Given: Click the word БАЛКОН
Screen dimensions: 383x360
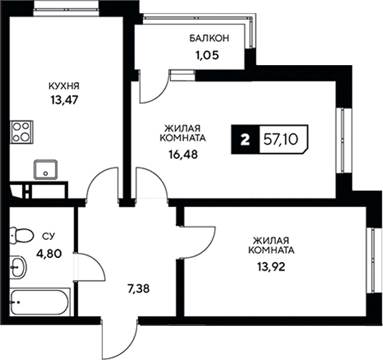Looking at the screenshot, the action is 210,38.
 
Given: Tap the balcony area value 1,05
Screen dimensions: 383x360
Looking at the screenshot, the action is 207,55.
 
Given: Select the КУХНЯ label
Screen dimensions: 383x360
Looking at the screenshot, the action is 64,86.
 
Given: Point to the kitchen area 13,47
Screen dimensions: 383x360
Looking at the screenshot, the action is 64,100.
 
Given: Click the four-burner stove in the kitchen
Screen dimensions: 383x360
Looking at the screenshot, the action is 21,132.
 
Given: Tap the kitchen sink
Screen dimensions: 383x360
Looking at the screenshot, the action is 46,170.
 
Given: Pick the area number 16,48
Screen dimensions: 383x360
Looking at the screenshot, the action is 182,154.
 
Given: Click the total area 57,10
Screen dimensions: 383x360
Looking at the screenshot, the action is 281,140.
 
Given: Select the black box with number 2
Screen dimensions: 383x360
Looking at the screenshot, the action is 246,139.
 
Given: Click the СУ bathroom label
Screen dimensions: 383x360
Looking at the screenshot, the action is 48,237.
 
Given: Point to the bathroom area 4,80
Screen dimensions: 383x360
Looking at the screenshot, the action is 49,254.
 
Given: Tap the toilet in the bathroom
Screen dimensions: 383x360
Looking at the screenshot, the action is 21,235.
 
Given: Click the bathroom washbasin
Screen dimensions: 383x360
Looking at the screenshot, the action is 18,267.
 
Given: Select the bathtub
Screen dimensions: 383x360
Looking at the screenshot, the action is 41,302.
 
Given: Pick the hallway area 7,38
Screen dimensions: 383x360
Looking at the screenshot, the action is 139,289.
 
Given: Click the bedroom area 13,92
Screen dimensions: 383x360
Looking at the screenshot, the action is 271,267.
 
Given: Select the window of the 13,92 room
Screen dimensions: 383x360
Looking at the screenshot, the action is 371,261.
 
